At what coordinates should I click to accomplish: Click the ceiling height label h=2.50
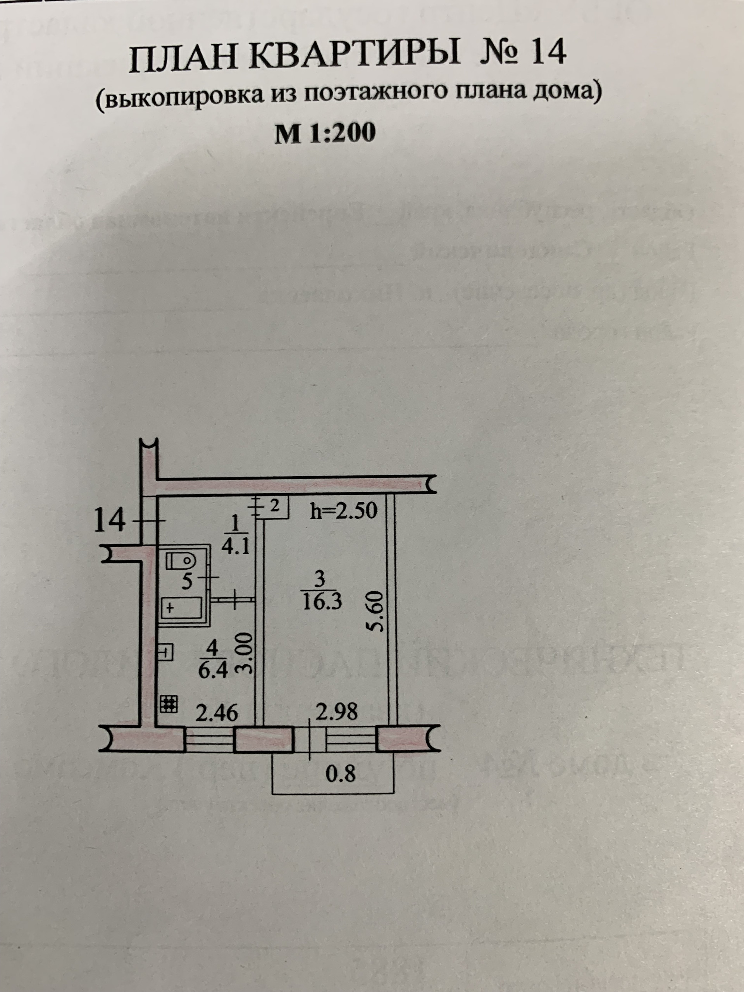[344, 511]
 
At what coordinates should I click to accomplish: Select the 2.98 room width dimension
[337, 711]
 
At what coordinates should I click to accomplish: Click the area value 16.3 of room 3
[322, 602]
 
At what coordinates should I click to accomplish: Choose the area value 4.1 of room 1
[236, 548]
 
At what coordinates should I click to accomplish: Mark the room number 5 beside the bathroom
[186, 581]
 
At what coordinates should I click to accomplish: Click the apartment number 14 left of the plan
[109, 521]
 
